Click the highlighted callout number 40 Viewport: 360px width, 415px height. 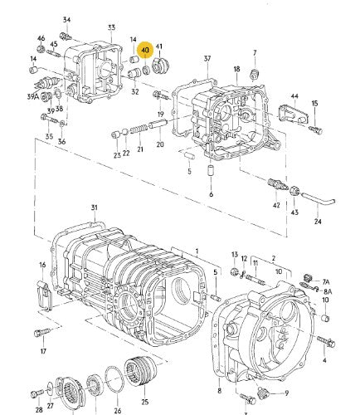145,50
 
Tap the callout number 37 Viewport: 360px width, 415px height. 207,58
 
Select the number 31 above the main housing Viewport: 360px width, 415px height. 94,207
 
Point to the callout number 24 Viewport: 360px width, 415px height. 318,222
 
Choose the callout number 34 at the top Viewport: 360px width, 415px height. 67,19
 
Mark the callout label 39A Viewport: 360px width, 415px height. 34,97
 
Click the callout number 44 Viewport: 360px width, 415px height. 293,97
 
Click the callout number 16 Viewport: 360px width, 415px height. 42,266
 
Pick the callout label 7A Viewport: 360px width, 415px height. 326,282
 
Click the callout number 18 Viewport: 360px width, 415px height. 236,70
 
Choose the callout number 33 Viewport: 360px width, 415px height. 111,27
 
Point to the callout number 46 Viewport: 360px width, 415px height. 40,38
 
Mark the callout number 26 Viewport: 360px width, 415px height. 117,409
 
